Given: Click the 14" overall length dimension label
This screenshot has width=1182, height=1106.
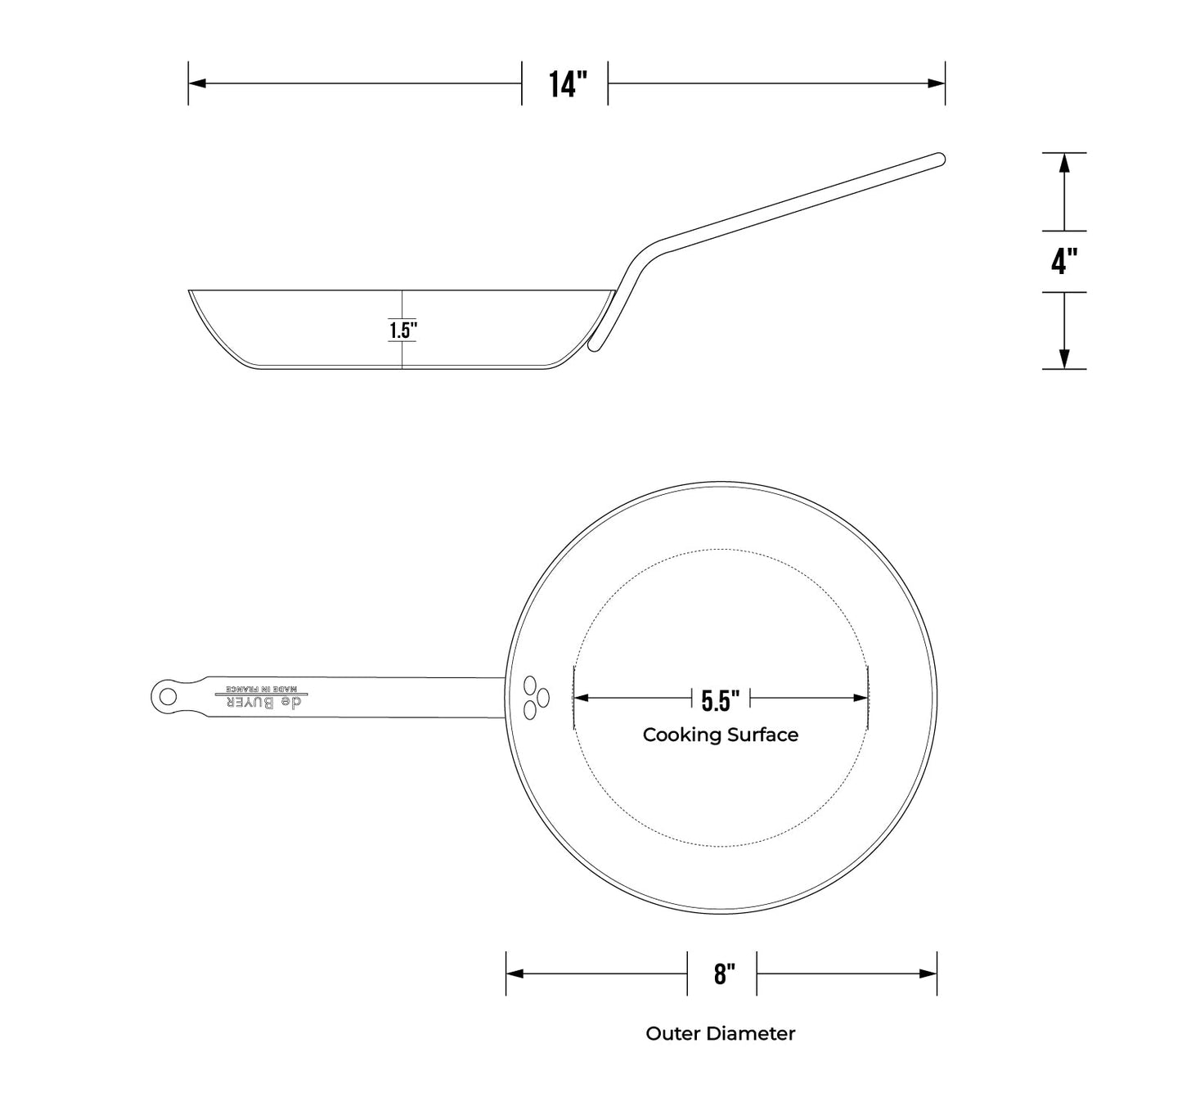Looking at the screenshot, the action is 568,84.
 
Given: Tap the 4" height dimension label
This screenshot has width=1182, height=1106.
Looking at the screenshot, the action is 1064,261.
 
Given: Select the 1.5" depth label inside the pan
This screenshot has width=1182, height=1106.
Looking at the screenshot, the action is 403,330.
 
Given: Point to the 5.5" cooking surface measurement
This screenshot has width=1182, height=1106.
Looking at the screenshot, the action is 720,700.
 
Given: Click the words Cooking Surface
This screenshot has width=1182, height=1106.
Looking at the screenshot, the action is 720,735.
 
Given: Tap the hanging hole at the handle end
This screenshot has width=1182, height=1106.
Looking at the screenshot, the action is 168,696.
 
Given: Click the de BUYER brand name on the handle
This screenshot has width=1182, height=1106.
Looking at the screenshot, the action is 263,703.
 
